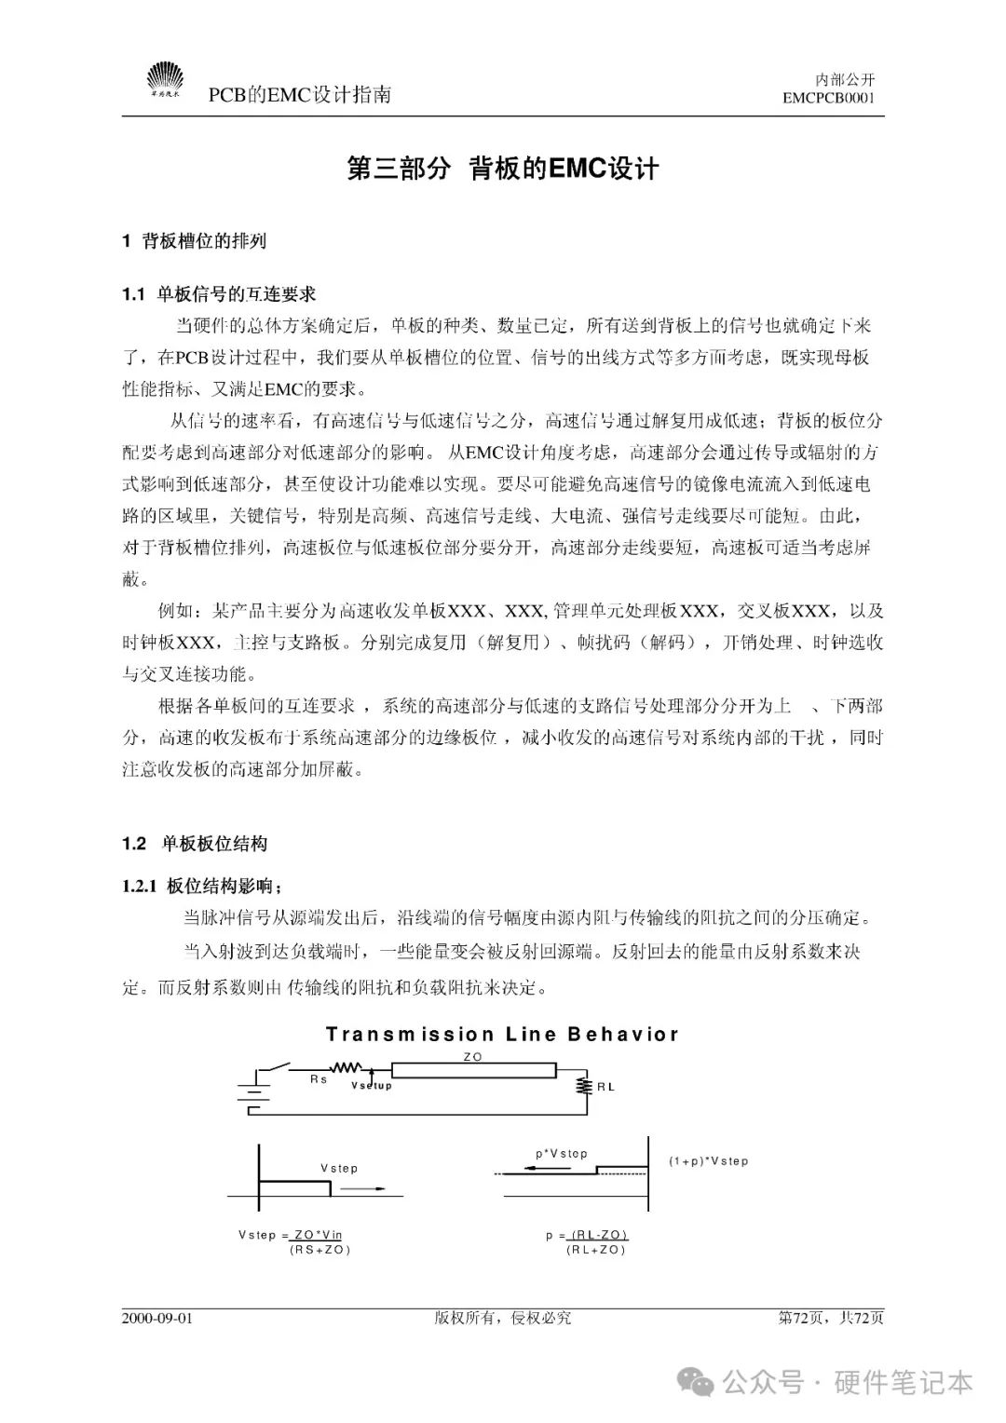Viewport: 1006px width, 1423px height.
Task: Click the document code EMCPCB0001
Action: point(829,98)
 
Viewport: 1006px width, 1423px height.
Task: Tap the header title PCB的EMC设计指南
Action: point(299,94)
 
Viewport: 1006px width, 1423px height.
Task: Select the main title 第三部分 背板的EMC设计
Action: point(502,169)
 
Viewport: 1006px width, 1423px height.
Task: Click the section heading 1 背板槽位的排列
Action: point(195,241)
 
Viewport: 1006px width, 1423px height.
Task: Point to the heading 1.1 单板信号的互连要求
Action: point(219,294)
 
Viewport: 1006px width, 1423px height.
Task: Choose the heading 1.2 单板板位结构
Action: point(195,844)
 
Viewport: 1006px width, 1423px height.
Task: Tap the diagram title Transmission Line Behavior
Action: point(502,1035)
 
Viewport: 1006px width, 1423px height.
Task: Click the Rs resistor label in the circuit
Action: point(319,1079)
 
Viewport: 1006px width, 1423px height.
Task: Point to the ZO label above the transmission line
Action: point(473,1057)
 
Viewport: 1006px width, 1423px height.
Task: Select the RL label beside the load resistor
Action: point(605,1087)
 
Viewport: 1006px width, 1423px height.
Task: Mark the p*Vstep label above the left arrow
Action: point(562,1154)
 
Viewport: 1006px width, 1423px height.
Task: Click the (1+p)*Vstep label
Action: point(709,1161)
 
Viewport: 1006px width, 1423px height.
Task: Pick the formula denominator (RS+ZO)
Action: point(320,1250)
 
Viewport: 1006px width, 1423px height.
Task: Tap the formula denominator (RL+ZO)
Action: point(596,1250)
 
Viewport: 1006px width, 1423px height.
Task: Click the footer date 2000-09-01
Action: point(157,1318)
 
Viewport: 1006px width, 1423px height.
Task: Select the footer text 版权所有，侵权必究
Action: point(502,1318)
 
